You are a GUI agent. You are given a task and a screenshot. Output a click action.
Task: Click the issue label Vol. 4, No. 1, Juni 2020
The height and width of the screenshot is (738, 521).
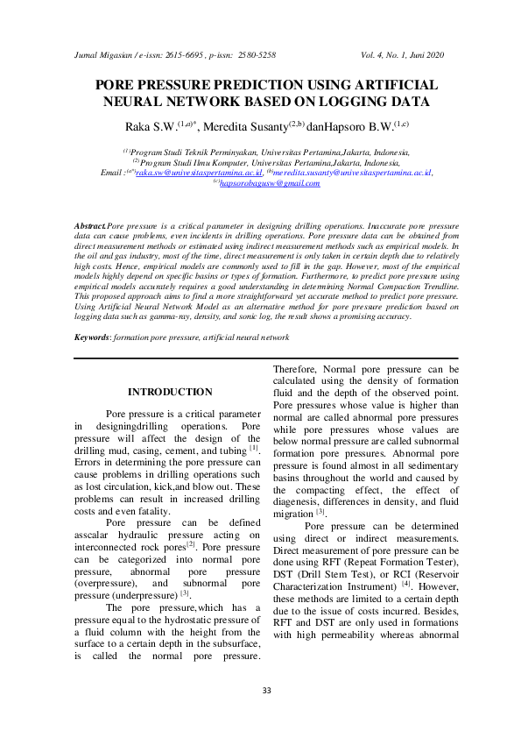pyautogui.click(x=403, y=54)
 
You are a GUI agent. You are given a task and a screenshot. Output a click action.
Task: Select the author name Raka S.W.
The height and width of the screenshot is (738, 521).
pyautogui.click(x=147, y=127)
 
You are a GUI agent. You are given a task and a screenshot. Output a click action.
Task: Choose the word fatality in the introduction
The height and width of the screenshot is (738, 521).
pyautogui.click(x=151, y=512)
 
